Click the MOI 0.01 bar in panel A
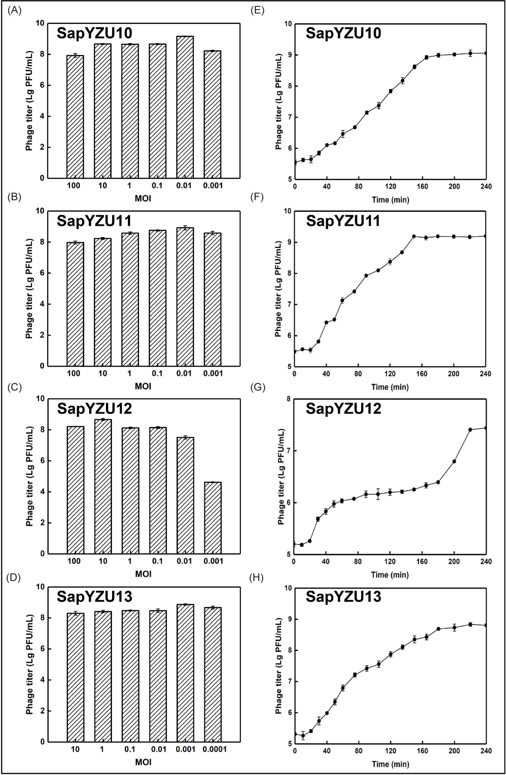[x=185, y=108]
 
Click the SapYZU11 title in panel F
[x=343, y=221]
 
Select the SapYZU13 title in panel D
[x=94, y=596]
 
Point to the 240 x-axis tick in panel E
[x=486, y=187]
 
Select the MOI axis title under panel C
[x=143, y=574]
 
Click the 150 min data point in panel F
[x=414, y=236]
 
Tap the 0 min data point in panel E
[x=295, y=162]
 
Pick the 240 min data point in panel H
[x=486, y=625]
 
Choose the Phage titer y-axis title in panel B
[x=29, y=288]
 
